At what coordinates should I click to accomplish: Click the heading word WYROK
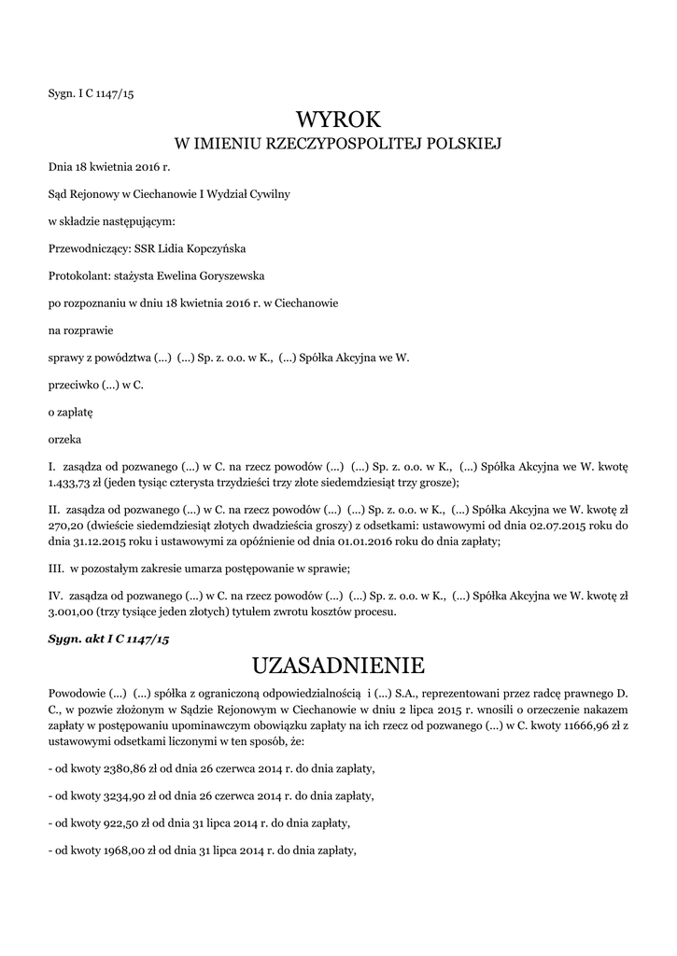click(x=338, y=119)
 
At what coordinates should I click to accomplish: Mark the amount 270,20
click(x=64, y=525)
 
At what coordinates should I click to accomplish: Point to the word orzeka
click(x=64, y=438)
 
